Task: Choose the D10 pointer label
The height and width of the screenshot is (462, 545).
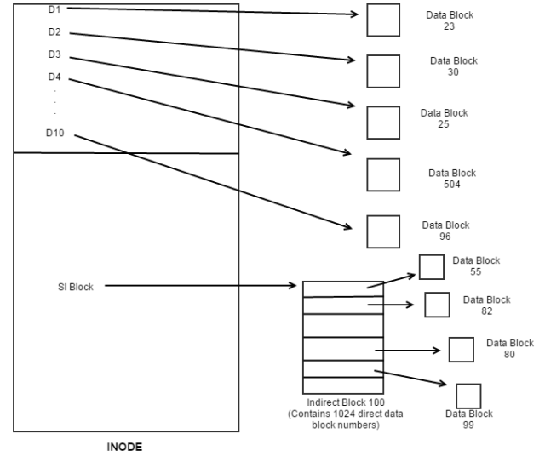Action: point(55,134)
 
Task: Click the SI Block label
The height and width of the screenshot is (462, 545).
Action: point(75,287)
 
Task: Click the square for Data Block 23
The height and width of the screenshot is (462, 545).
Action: point(383,20)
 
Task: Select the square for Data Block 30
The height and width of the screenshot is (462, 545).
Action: point(383,71)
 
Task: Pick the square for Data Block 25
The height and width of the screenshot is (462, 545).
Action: point(383,123)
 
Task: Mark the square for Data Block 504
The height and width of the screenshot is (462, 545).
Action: point(383,174)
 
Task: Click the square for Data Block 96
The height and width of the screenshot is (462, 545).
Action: point(383,231)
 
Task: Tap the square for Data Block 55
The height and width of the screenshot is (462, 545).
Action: point(432,267)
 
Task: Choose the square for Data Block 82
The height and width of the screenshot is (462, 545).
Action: point(437,305)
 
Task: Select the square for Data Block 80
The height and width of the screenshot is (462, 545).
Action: point(461,350)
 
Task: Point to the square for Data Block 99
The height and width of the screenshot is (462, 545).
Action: point(468,396)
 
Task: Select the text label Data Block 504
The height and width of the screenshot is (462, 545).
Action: point(452,179)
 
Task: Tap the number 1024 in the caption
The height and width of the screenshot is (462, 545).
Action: point(337,413)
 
